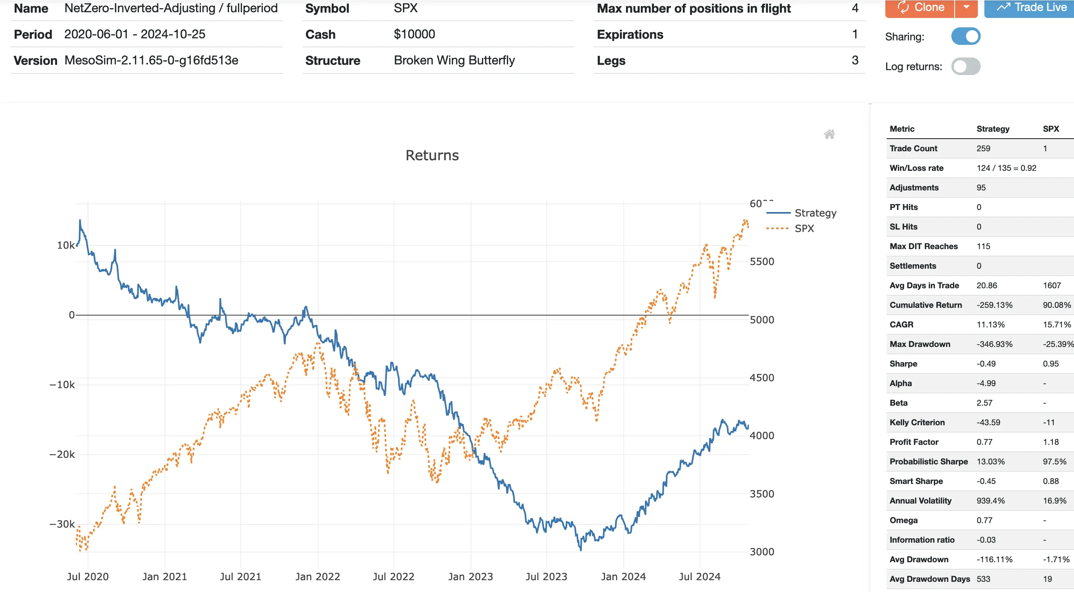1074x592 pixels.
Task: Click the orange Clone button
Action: [x=919, y=7]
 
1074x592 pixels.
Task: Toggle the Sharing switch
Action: [x=965, y=36]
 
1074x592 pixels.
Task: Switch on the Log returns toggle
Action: [x=965, y=66]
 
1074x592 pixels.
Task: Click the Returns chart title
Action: [x=432, y=155]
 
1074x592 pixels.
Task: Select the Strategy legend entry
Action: [x=815, y=213]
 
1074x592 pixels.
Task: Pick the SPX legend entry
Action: [x=804, y=228]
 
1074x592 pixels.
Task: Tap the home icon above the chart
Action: [x=829, y=134]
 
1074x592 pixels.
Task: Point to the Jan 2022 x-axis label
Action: [x=317, y=576]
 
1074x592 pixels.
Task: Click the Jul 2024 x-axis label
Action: [x=699, y=576]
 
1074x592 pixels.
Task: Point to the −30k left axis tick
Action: [x=62, y=524]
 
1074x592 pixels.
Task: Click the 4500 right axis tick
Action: [x=761, y=378]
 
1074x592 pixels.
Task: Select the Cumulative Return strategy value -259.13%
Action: [x=994, y=305]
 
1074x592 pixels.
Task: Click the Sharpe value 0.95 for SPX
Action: [x=1050, y=364]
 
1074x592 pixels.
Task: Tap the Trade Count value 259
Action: [x=983, y=148]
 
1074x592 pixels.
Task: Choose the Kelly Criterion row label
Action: [x=917, y=422]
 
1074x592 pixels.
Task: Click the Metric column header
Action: [x=902, y=129]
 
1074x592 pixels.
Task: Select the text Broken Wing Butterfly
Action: [x=454, y=60]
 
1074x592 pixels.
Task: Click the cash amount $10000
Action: [x=414, y=34]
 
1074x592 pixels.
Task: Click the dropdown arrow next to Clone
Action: [x=966, y=7]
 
